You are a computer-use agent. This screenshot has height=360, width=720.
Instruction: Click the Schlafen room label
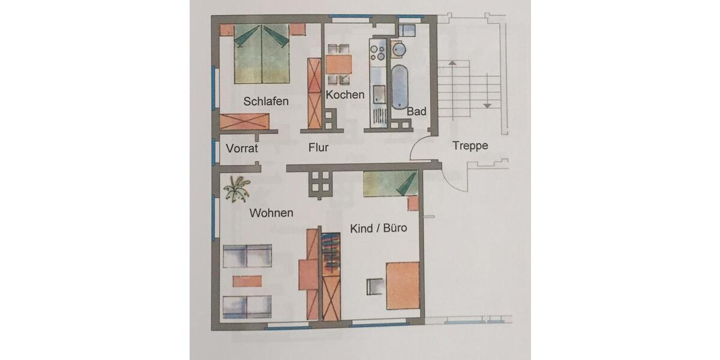tap(266, 101)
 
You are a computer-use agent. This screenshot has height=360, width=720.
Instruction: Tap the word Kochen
tap(345, 95)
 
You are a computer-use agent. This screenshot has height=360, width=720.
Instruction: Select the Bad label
tap(416, 112)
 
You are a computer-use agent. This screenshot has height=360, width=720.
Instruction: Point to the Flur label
tap(318, 147)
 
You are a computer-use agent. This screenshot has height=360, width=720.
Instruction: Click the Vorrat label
tap(242, 148)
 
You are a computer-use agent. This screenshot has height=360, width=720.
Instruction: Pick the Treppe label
tap(470, 145)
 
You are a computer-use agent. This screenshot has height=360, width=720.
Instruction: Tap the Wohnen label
tap(271, 212)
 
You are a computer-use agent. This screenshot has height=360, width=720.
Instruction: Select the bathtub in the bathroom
tap(400, 87)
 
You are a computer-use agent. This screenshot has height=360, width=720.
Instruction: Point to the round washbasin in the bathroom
tap(398, 49)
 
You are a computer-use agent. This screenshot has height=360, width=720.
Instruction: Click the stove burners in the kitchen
tap(379, 51)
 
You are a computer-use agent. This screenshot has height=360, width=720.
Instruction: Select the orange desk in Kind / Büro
tap(402, 286)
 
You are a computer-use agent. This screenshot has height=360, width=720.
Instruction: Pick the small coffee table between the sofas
tap(247, 281)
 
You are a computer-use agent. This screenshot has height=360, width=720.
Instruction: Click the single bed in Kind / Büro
tap(389, 183)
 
